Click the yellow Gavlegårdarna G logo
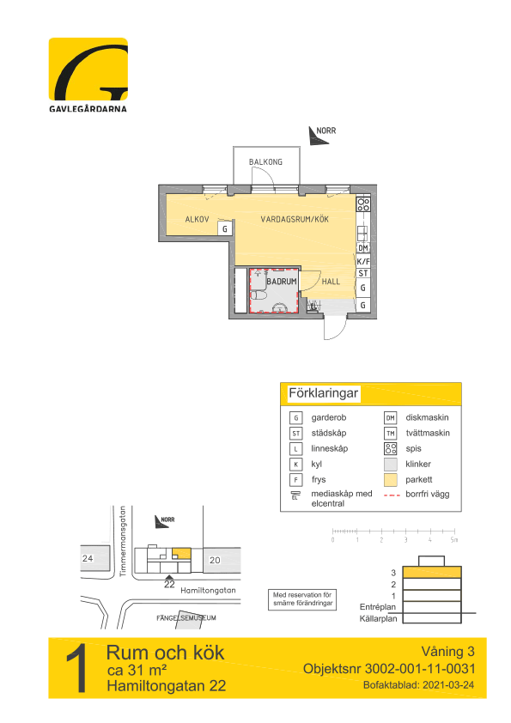pyautogui.click(x=88, y=70)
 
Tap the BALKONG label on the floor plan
pyautogui.click(x=265, y=161)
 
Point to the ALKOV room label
pyautogui.click(x=197, y=220)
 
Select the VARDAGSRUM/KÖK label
pyautogui.click(x=295, y=220)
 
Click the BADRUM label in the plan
pyautogui.click(x=282, y=282)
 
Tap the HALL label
pyautogui.click(x=331, y=282)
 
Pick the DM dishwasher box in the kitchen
pyautogui.click(x=363, y=248)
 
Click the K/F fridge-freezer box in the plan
pyautogui.click(x=363, y=261)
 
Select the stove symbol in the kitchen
pyautogui.click(x=363, y=204)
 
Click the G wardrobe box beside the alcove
pyautogui.click(x=225, y=228)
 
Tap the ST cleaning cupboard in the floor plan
pyautogui.click(x=363, y=273)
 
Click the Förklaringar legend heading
pyautogui.click(x=323, y=393)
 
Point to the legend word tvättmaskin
pyautogui.click(x=428, y=433)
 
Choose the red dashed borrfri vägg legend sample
pyautogui.click(x=392, y=495)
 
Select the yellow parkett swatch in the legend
pyautogui.click(x=391, y=480)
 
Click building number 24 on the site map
pyautogui.click(x=88, y=558)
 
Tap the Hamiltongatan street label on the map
pyautogui.click(x=208, y=590)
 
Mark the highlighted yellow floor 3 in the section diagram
pyautogui.click(x=432, y=572)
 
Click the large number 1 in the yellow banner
pyautogui.click(x=77, y=668)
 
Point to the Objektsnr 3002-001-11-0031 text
pyautogui.click(x=389, y=669)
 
